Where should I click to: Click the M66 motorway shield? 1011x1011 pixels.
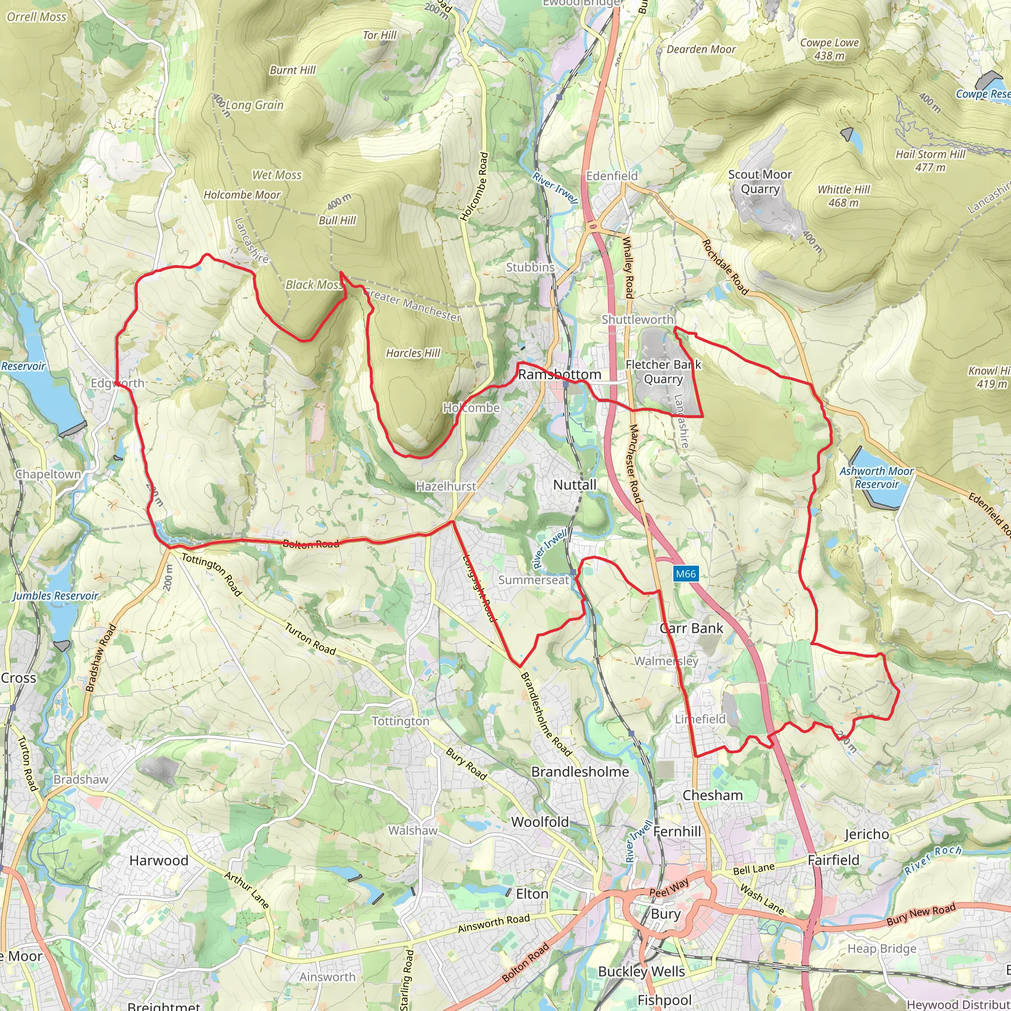click(686, 574)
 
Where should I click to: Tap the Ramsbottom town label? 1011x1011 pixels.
click(559, 375)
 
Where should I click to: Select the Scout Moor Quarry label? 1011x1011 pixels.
click(760, 182)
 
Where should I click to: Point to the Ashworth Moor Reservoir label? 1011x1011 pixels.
click(877, 477)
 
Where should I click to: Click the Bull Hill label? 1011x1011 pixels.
click(337, 220)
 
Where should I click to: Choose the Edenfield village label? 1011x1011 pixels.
click(612, 176)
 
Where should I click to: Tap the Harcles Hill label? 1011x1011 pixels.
click(413, 353)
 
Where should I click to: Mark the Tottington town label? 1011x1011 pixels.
click(400, 721)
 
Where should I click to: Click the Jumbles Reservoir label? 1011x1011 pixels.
click(55, 595)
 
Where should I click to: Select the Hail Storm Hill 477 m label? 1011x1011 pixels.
click(931, 160)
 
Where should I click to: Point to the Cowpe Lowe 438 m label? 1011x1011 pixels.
click(829, 49)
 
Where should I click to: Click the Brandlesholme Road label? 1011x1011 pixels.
click(546, 714)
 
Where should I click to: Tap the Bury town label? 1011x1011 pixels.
click(665, 914)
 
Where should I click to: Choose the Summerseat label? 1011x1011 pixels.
click(533, 580)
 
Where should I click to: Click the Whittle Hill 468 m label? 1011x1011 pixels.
click(844, 195)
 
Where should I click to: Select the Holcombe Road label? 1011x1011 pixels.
click(474, 186)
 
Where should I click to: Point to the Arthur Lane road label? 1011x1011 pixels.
click(246, 890)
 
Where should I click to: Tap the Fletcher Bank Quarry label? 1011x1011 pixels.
click(663, 372)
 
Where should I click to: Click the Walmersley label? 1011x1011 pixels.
click(666, 661)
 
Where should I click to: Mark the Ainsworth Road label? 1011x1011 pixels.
click(494, 923)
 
